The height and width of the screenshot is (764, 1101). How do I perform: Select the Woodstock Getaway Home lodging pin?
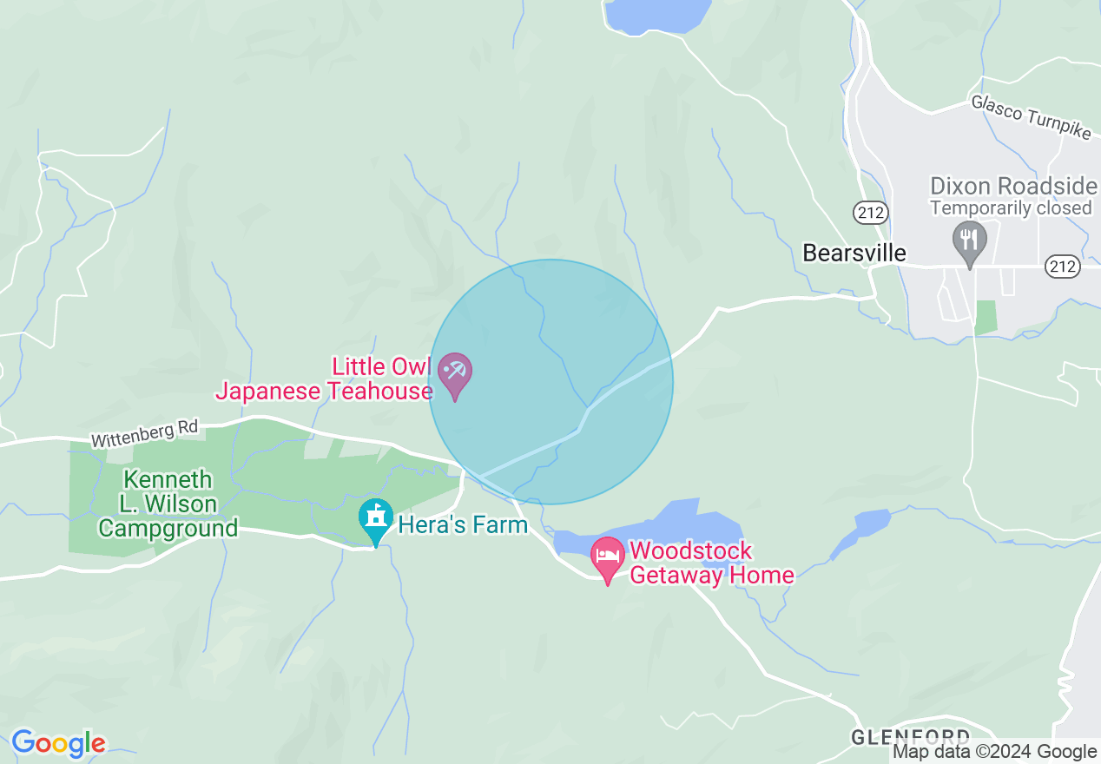pos(607,557)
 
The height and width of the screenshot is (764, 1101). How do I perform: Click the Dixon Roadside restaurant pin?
pos(969,240)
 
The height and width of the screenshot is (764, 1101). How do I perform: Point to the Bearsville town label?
pos(854,253)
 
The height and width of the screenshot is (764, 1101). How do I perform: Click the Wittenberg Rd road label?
pos(144,434)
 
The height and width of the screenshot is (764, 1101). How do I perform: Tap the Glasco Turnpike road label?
pos(1030,117)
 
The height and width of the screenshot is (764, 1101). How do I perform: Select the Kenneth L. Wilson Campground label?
pos(168,504)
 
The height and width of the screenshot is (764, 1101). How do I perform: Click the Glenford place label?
pos(910,737)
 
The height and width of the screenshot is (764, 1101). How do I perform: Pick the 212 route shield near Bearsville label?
pos(868,211)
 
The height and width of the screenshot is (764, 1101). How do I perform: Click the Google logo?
pos(58,743)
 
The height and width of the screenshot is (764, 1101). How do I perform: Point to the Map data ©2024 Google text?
pos(995,752)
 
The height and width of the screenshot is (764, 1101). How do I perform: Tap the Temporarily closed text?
pos(1010,208)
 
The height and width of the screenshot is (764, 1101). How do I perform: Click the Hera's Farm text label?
pos(463,524)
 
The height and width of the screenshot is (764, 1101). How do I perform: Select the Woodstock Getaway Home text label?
pos(712,563)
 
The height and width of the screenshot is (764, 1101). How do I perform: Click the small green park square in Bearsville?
pos(986,317)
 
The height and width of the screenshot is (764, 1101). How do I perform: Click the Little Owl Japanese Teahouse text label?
pos(325,379)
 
